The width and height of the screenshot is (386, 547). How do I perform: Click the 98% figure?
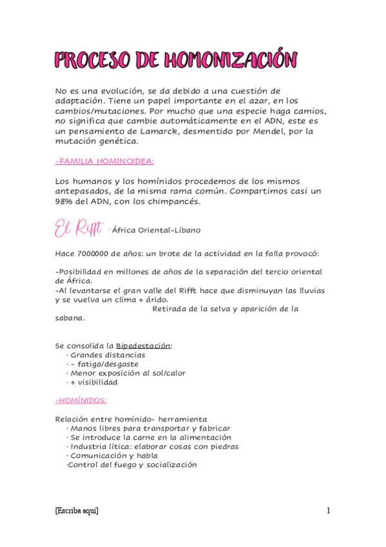click(66, 201)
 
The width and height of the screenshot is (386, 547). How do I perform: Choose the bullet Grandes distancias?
click(108, 355)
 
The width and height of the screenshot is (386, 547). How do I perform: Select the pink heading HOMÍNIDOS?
click(81, 400)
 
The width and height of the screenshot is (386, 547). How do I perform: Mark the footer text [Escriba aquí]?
click(77, 511)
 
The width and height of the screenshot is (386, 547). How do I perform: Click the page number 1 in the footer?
click(328, 511)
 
